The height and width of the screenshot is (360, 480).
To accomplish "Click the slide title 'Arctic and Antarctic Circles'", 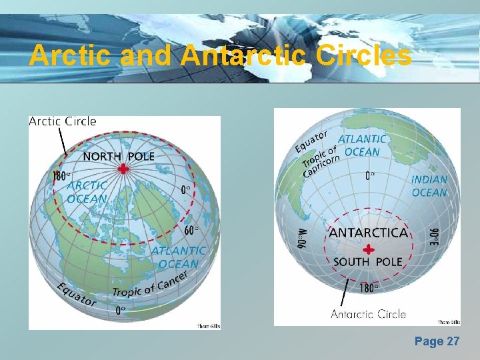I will click(221, 55).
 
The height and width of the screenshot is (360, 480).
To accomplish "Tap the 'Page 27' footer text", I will click(437, 341).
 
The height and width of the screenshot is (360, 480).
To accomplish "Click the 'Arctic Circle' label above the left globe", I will click(63, 121).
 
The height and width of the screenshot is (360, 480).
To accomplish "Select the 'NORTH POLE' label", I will click(119, 157).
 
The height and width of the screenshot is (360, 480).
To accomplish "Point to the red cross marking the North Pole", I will click(123, 169).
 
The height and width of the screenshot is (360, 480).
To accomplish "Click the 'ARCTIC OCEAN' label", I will click(87, 192).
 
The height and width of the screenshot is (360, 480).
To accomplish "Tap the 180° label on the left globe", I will click(61, 177).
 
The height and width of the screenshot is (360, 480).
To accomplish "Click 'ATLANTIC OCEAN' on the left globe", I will click(178, 257).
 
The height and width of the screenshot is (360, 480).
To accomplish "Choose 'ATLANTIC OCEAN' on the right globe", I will click(362, 145).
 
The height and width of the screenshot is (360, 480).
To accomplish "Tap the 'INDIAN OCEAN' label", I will click(429, 186).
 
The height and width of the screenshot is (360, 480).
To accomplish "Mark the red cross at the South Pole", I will click(367, 249).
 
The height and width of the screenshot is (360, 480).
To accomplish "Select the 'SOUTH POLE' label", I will click(367, 262).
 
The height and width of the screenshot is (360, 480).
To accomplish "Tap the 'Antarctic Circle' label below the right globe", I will click(368, 314).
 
